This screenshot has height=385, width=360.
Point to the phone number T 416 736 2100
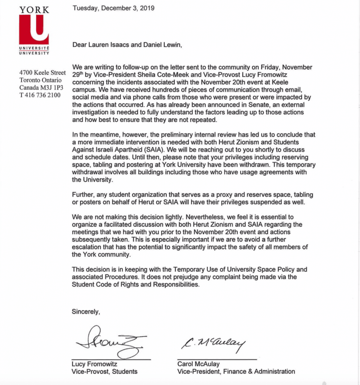coord(40,94)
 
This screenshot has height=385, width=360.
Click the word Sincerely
coord(86,311)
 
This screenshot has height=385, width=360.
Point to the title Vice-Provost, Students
coord(104,371)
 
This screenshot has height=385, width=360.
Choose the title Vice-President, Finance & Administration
coord(236,371)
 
